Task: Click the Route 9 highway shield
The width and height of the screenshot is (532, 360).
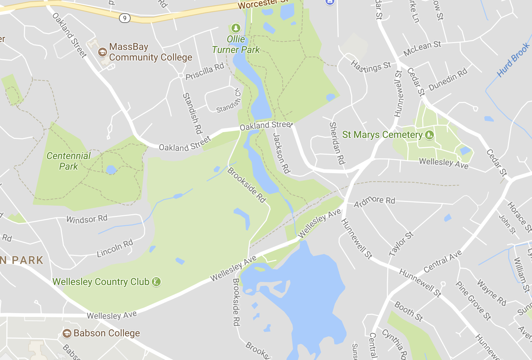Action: (x=125, y=18)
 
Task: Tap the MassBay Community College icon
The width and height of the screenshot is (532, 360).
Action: (x=102, y=52)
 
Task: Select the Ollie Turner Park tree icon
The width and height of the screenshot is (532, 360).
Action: (x=236, y=28)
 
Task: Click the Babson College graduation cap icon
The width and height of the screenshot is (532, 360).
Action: (x=67, y=333)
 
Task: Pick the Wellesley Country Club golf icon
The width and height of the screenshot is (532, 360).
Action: (x=156, y=282)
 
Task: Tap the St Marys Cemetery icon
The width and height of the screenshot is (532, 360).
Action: (x=429, y=135)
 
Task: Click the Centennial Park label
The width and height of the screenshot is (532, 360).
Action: (x=68, y=161)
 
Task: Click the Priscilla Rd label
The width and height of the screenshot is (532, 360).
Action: (x=204, y=72)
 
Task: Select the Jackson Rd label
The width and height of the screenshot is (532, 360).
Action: (x=281, y=153)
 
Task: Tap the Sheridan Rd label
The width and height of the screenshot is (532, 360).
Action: (x=337, y=143)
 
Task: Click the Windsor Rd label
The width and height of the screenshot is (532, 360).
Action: (x=87, y=219)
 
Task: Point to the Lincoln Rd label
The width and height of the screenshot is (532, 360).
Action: (x=115, y=248)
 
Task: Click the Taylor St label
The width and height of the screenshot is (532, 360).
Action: (x=401, y=244)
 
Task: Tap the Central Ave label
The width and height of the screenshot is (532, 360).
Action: (x=443, y=261)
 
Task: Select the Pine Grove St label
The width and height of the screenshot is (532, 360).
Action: (x=473, y=300)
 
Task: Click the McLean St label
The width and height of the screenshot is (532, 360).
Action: (x=422, y=48)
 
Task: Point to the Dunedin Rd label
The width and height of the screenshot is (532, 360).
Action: (x=448, y=79)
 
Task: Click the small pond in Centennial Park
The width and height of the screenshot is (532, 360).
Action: (x=111, y=169)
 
